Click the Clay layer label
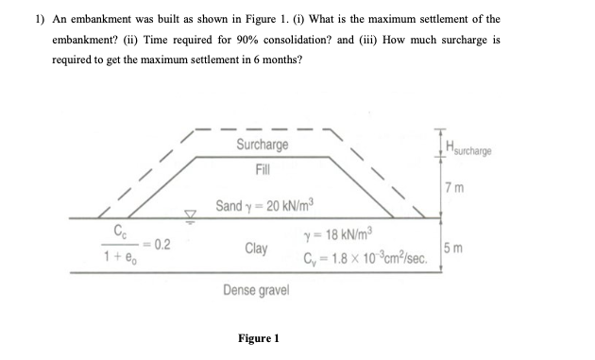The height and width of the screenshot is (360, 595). point(255,249)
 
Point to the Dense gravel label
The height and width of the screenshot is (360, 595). point(256,290)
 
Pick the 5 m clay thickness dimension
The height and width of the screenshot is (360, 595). point(460,249)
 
